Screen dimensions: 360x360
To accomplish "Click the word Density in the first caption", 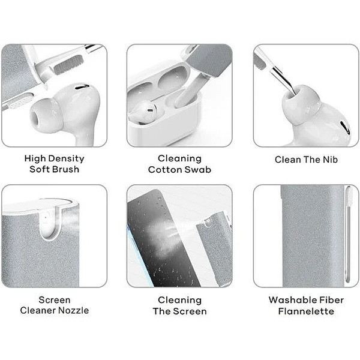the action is coord(67,158).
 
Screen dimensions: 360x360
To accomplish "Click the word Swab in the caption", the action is coord(197,169).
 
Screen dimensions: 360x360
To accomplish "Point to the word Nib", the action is coord(330,160).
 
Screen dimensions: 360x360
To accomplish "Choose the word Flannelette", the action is coord(306,311).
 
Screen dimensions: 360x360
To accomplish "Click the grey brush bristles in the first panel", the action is coord(68,65).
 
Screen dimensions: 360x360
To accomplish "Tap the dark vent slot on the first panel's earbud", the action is coord(82,87).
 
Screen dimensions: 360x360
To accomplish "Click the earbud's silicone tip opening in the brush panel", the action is coord(36,118).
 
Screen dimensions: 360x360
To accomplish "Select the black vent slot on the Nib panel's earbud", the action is coord(345,128).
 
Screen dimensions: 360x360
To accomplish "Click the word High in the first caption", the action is coord(35,158).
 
